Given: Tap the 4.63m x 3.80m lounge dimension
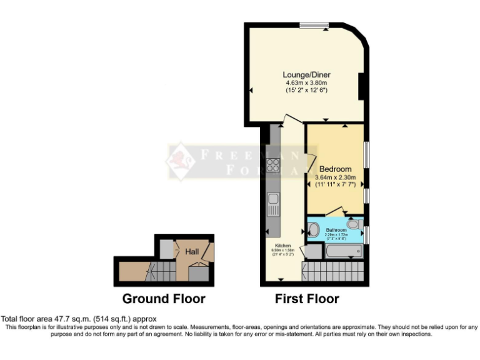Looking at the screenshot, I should coord(306,82).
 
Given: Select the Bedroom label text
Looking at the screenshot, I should coord(335,169).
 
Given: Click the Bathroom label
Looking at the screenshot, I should coord(336,230).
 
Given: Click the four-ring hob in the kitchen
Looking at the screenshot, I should coord(273,165).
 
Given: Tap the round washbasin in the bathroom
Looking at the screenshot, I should coord(313,229).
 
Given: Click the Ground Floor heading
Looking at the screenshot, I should coord(163,299).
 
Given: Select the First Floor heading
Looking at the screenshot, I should coord(307,299).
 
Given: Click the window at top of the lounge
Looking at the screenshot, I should coord(314,25).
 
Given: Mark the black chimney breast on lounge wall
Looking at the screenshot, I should coord(361,86).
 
